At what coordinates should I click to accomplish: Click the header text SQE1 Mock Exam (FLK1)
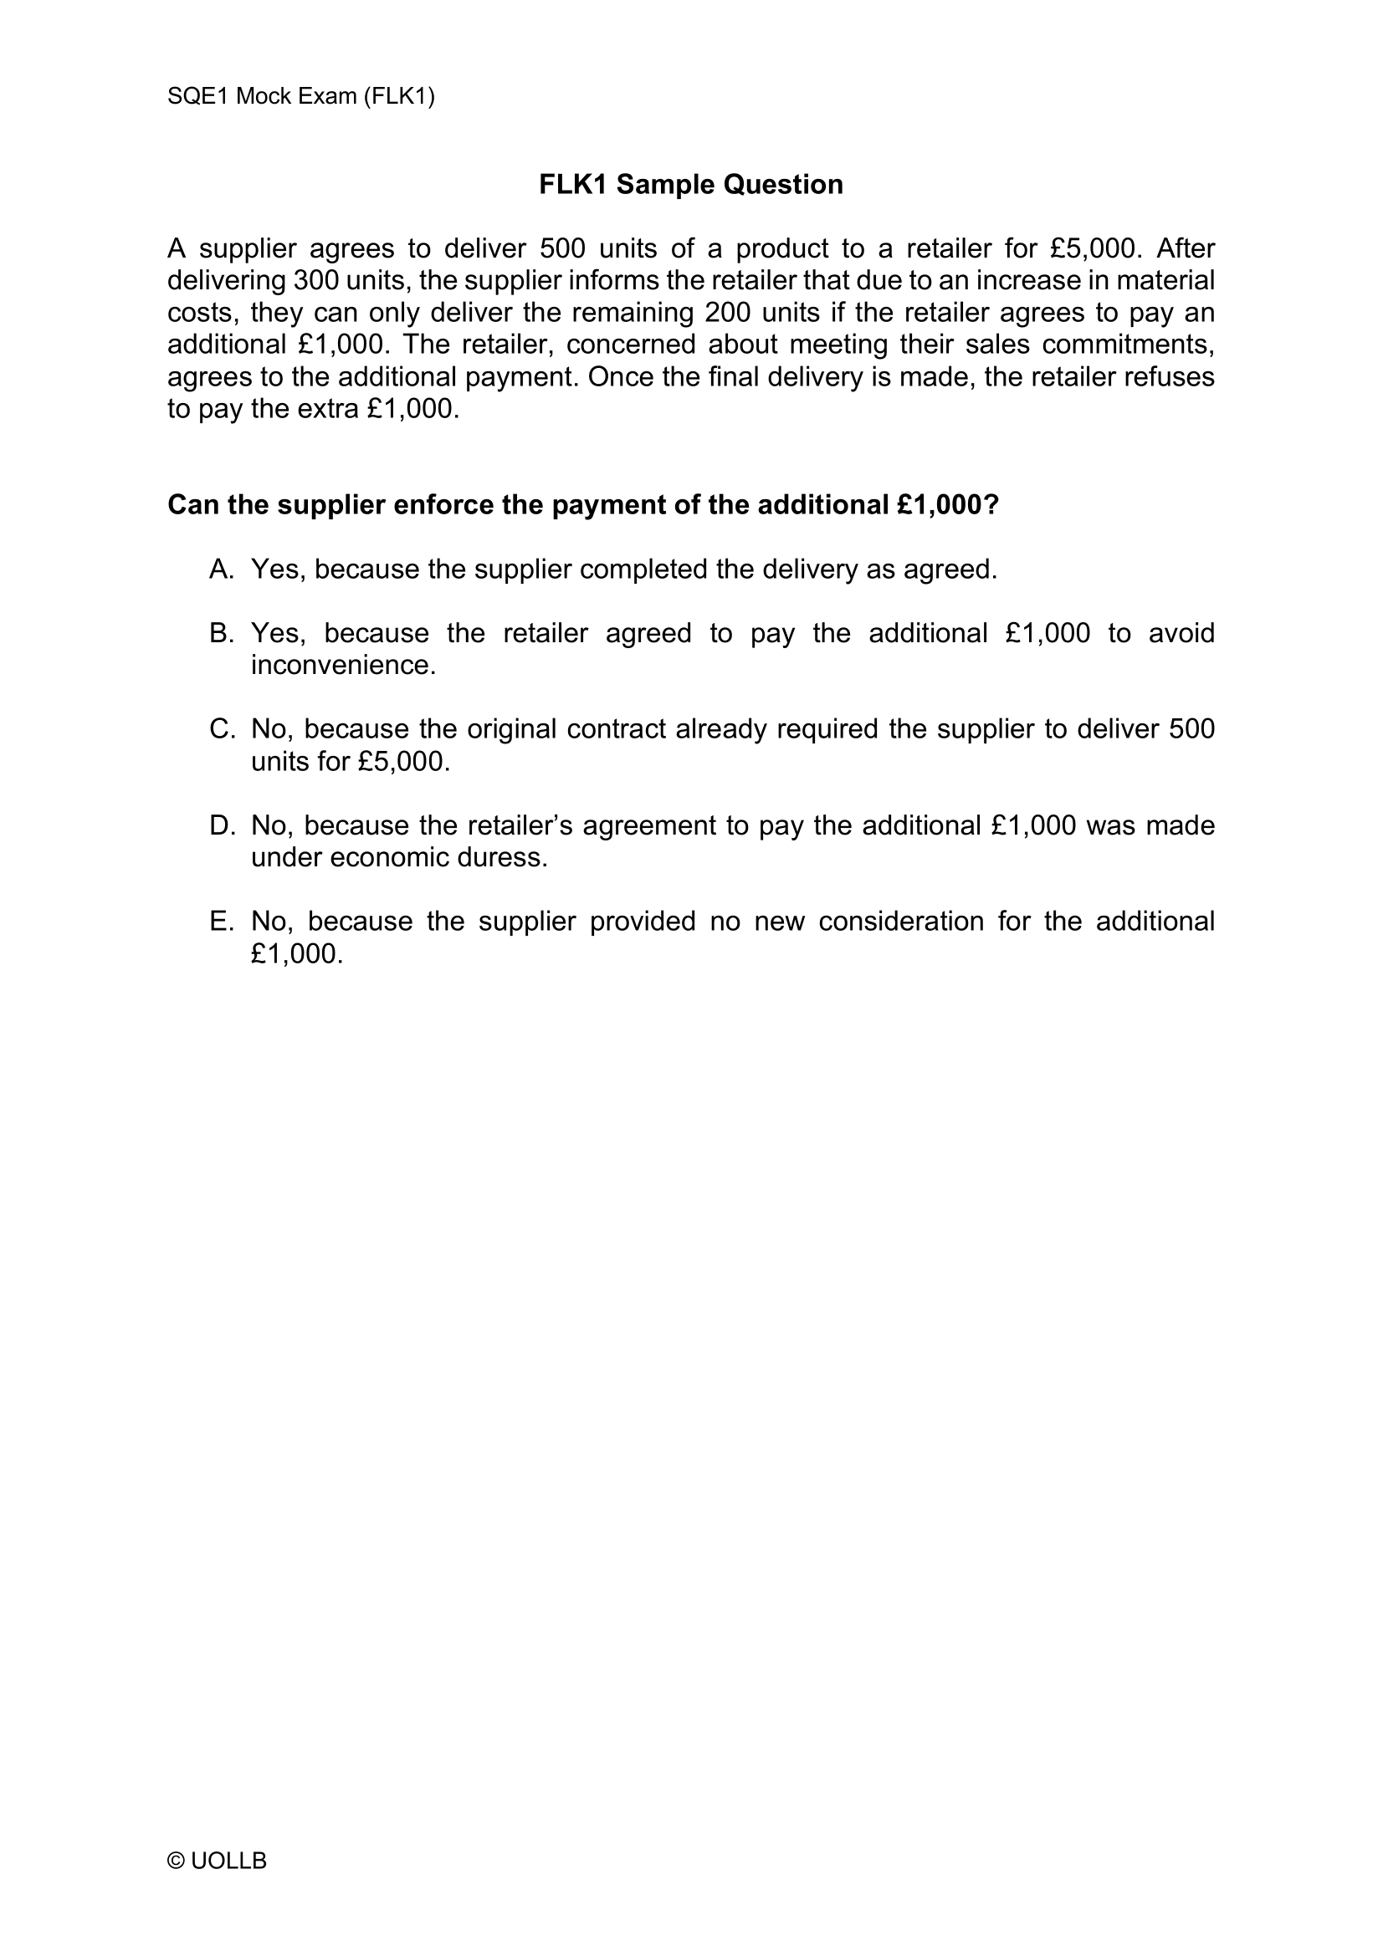tap(301, 96)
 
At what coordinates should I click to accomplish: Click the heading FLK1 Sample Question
tap(690, 184)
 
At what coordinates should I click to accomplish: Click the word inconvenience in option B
tap(343, 666)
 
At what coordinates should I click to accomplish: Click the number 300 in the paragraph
tap(316, 281)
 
